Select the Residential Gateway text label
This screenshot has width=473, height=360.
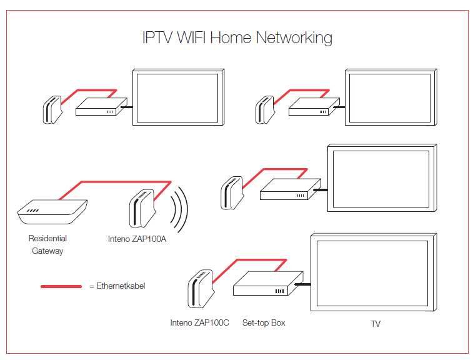point(47,244)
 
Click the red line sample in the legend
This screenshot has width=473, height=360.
point(61,286)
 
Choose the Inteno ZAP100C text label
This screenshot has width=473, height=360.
point(200,323)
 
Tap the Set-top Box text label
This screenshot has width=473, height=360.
point(264,323)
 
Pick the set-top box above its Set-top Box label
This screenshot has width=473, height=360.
point(267,284)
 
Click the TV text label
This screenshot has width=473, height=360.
point(375,324)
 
